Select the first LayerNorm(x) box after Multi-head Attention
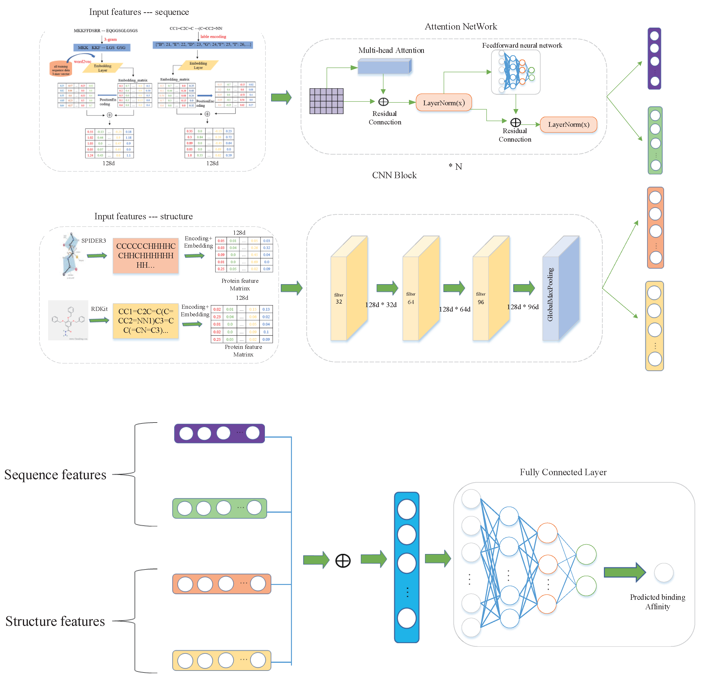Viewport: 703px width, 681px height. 444,103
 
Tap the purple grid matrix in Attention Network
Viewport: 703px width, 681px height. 326,101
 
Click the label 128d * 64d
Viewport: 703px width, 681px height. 455,309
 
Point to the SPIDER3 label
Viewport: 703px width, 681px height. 94,241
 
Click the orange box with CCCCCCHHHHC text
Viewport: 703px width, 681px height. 146,255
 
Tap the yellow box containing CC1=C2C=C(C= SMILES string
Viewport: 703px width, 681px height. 146,321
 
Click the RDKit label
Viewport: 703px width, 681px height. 99,309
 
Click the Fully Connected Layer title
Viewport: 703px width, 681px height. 563,472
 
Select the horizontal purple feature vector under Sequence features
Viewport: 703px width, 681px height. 219,433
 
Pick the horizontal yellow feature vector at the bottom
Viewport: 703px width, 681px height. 221,660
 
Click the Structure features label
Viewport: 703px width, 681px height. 55,621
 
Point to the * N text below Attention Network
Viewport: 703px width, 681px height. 455,166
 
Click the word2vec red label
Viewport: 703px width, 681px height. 83,62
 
